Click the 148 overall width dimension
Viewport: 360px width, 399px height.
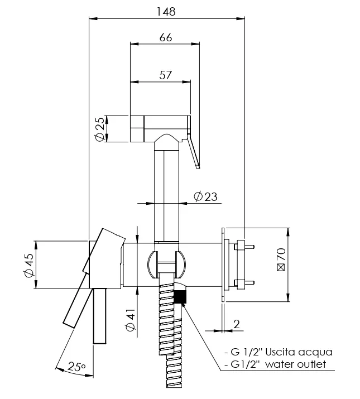pos(166,12)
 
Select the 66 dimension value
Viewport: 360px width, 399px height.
pos(166,37)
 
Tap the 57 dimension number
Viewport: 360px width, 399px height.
pos(166,75)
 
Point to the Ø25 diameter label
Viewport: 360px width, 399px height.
pos(99,129)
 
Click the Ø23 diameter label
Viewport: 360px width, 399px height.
pos(205,196)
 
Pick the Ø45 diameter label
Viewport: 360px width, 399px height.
pos(28,265)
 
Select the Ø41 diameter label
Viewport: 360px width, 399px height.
pos(131,320)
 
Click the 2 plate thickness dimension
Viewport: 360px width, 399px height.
pos(237,324)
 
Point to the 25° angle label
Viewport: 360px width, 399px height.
pos(76,367)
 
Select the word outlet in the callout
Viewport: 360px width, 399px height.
pos(311,364)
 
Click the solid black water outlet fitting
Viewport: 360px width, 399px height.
pos(180,297)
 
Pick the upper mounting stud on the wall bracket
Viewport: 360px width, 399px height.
pos(244,247)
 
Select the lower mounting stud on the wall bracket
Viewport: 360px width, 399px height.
pos(244,282)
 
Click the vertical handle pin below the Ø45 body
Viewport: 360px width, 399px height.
pos(99,316)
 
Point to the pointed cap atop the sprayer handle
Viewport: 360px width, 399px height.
pos(167,142)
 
